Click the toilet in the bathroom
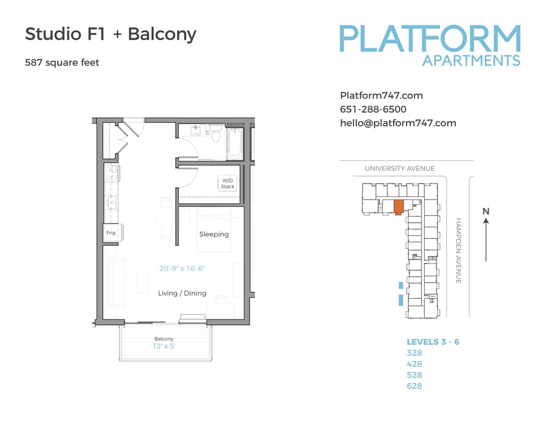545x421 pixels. click(x=216, y=134)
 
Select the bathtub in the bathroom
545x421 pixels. click(x=234, y=143)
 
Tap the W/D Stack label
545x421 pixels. click(x=227, y=184)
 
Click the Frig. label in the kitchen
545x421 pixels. click(x=111, y=233)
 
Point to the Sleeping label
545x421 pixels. click(x=214, y=234)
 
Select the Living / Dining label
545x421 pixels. click(x=182, y=293)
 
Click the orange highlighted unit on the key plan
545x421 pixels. click(x=398, y=207)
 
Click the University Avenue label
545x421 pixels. click(x=400, y=169)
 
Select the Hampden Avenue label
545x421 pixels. click(x=458, y=250)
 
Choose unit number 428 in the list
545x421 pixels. click(x=414, y=364)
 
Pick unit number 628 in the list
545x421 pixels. click(x=414, y=386)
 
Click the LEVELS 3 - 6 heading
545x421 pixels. click(x=433, y=342)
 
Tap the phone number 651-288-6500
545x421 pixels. click(x=373, y=109)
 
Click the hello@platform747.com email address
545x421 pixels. click(x=398, y=123)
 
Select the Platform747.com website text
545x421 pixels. click(x=381, y=96)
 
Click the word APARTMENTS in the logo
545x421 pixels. click(x=471, y=60)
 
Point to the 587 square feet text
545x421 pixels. click(x=62, y=62)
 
